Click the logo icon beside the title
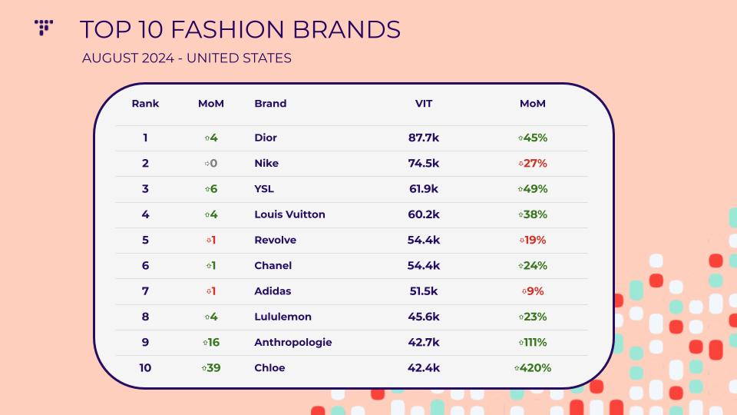pyautogui.click(x=43, y=28)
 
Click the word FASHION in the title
pyautogui.click(x=227, y=30)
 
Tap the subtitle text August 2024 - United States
pyautogui.click(x=187, y=58)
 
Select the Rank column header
pyautogui.click(x=145, y=104)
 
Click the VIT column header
pyautogui.click(x=424, y=104)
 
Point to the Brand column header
pyautogui.click(x=270, y=104)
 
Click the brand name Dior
pyautogui.click(x=266, y=138)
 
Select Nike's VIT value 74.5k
pyautogui.click(x=424, y=163)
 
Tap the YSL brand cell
pyautogui.click(x=264, y=189)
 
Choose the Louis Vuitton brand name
pyautogui.click(x=289, y=214)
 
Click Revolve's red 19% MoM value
pyautogui.click(x=533, y=240)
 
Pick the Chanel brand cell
pyautogui.click(x=273, y=265)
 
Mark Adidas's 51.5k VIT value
pyautogui.click(x=424, y=291)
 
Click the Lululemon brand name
pyautogui.click(x=283, y=317)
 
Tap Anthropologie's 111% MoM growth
pyautogui.click(x=533, y=342)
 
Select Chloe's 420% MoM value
pyautogui.click(x=533, y=368)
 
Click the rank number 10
pyautogui.click(x=145, y=368)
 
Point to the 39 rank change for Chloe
pyautogui.click(x=211, y=368)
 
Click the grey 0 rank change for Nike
pyautogui.click(x=211, y=163)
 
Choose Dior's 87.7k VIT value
pyautogui.click(x=424, y=138)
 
